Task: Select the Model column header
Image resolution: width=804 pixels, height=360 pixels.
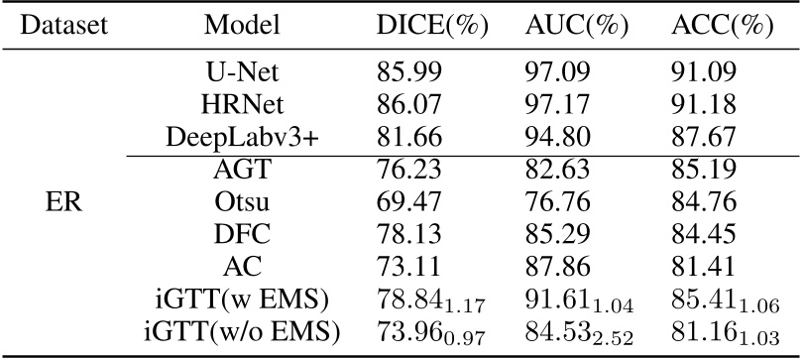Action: (242, 24)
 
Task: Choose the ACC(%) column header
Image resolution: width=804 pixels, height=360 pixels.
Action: (716, 24)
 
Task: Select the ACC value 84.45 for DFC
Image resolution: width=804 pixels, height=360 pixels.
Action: (701, 237)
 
